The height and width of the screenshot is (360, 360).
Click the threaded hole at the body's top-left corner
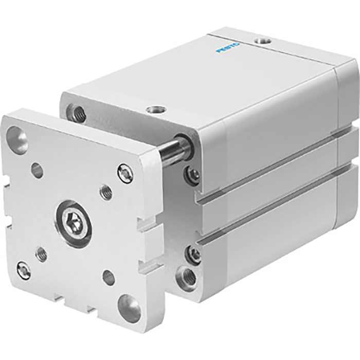tap(79, 113)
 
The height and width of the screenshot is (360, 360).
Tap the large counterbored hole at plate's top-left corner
tap(17, 139)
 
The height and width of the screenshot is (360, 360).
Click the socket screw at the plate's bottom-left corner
tap(24, 269)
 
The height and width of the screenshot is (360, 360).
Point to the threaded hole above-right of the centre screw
tap(106, 192)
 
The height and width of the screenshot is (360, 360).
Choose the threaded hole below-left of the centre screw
tap(42, 253)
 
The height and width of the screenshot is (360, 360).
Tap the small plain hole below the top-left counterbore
tap(37, 170)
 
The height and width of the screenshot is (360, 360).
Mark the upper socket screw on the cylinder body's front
tap(193, 174)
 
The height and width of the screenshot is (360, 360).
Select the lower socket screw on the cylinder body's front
tap(194, 254)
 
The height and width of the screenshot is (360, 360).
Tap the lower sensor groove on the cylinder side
tap(267, 216)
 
